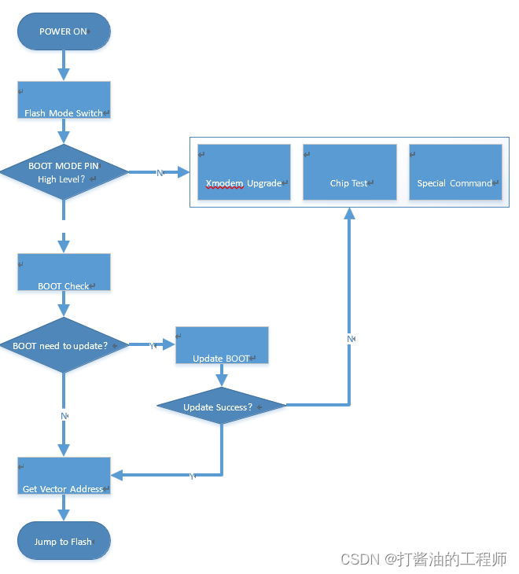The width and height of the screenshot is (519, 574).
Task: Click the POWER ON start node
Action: click(64, 31)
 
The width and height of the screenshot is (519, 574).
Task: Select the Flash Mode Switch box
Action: click(64, 100)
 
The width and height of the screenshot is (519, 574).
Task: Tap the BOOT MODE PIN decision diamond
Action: click(64, 172)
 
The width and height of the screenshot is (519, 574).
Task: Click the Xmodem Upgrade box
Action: click(244, 171)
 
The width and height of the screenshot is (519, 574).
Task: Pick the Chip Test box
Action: click(349, 171)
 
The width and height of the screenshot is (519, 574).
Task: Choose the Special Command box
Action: click(455, 171)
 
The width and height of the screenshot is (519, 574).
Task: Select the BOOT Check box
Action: click(64, 272)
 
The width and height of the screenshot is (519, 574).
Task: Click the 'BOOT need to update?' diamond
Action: click(64, 345)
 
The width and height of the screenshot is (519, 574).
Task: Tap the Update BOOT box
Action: click(222, 345)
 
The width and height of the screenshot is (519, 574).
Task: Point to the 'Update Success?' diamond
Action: click(221, 407)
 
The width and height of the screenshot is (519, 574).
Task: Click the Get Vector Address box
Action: click(64, 476)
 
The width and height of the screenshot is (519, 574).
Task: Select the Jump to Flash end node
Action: click(64, 541)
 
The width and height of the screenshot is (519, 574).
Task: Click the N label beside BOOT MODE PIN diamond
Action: click(160, 172)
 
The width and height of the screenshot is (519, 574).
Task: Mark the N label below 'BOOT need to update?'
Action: click(64, 414)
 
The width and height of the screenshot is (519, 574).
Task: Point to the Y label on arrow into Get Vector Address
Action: click(192, 476)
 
